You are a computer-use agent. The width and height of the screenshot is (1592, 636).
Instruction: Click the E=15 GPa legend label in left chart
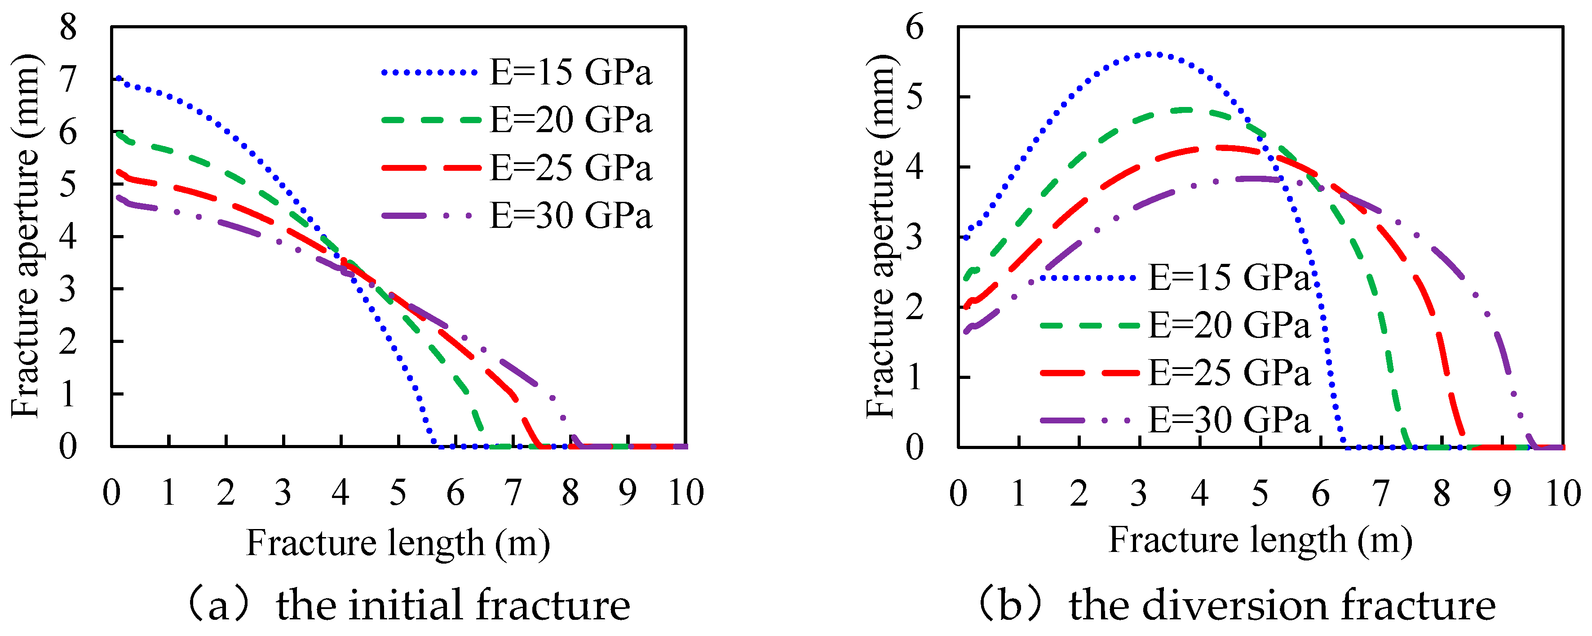point(570,72)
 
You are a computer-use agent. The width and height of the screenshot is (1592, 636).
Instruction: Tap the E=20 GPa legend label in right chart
point(1229,325)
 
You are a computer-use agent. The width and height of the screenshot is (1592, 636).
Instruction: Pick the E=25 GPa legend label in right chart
point(1229,372)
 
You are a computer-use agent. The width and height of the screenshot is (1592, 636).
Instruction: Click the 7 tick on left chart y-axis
point(68,80)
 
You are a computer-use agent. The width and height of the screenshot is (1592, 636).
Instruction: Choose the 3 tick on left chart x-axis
point(283,493)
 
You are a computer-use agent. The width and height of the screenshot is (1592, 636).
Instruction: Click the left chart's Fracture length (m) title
point(398,543)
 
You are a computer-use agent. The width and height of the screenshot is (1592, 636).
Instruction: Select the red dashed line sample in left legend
point(430,168)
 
